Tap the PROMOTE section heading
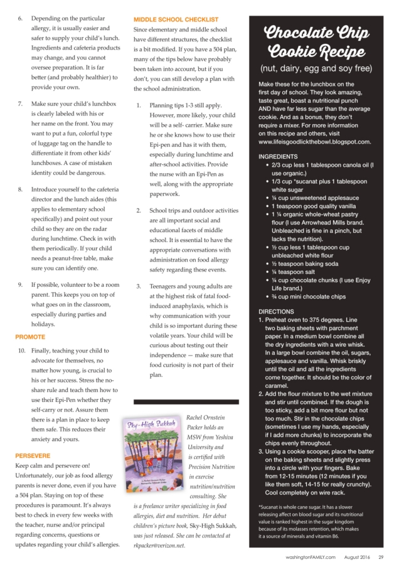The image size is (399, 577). click(29, 337)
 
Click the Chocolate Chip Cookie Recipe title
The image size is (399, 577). click(316, 42)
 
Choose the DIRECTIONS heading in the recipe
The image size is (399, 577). click(276, 311)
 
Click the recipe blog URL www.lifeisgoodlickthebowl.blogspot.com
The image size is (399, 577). click(314, 142)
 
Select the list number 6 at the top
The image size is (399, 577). click(19, 19)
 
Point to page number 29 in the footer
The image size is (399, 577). click(381, 558)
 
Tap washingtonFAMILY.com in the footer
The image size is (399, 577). click(312, 558)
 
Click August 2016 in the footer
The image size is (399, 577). click(356, 558)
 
